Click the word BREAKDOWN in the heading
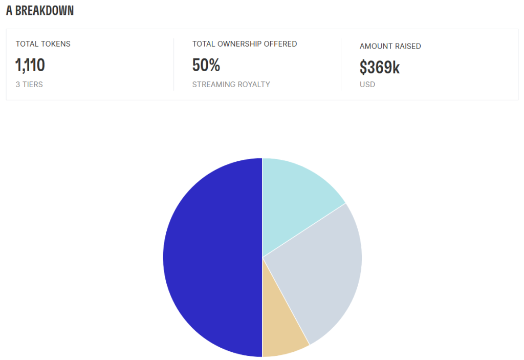pos(45,11)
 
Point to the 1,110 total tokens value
pos(30,65)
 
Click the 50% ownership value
pos(206,65)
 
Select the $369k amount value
pos(379,67)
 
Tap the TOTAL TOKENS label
pos(43,44)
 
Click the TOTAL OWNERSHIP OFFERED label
pos(245,44)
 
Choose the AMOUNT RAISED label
pos(390,46)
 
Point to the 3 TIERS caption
pos(29,84)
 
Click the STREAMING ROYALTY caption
pos(231,84)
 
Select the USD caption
pos(367,84)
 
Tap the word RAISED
pos(408,46)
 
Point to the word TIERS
pos(33,84)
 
